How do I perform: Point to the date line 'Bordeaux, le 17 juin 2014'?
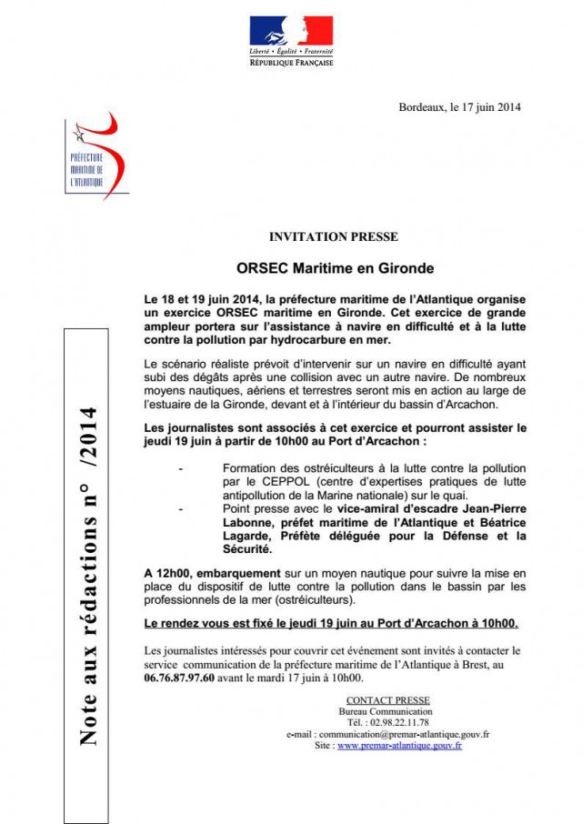(x=459, y=107)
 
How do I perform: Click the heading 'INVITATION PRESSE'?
(x=333, y=237)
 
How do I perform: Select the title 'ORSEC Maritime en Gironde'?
(x=335, y=268)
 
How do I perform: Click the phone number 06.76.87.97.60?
(x=180, y=678)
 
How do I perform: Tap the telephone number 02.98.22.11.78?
(x=407, y=722)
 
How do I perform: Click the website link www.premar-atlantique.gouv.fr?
(x=399, y=745)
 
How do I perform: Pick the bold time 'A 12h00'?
(x=166, y=574)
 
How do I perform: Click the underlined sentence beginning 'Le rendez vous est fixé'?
(x=330, y=624)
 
